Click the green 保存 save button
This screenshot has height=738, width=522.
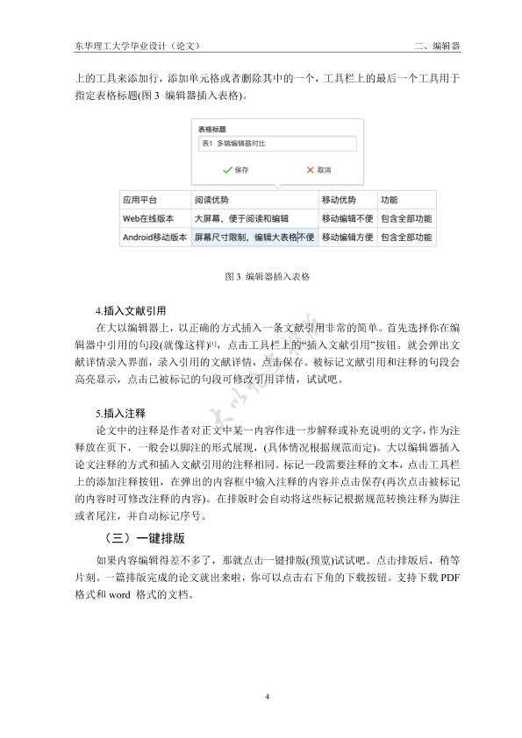[236, 169]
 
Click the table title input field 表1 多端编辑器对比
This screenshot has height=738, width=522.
[276, 144]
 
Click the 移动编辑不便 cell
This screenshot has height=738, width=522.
[347, 218]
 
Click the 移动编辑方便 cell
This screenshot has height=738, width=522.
[347, 237]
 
